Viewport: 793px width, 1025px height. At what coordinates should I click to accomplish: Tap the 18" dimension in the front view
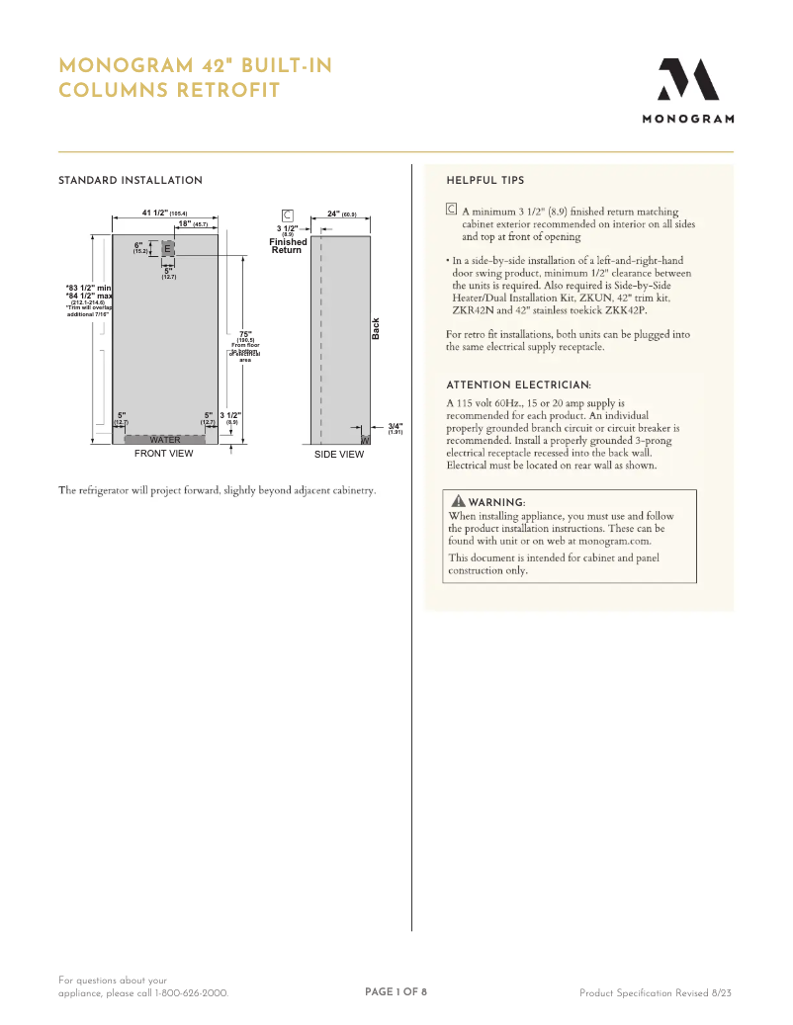click(185, 224)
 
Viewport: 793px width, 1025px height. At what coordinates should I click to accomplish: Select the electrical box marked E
click(167, 248)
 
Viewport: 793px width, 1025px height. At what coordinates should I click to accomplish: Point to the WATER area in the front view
click(165, 440)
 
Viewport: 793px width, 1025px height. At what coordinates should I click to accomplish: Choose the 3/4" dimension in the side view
click(395, 425)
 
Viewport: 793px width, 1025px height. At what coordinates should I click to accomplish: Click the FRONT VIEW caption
click(164, 454)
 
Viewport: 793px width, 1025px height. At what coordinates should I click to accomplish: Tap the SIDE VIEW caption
click(339, 455)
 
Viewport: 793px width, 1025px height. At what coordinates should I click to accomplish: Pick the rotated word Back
click(376, 329)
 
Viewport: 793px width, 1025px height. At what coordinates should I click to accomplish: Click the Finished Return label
click(288, 246)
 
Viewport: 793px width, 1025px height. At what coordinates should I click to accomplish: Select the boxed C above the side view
click(287, 214)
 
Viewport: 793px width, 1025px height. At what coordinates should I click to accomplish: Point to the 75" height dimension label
click(245, 334)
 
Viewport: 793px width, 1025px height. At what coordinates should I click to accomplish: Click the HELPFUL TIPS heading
click(485, 181)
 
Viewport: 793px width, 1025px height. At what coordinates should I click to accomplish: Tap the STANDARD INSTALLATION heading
click(131, 181)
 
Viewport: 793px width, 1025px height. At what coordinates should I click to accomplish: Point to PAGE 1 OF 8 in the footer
click(396, 991)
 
